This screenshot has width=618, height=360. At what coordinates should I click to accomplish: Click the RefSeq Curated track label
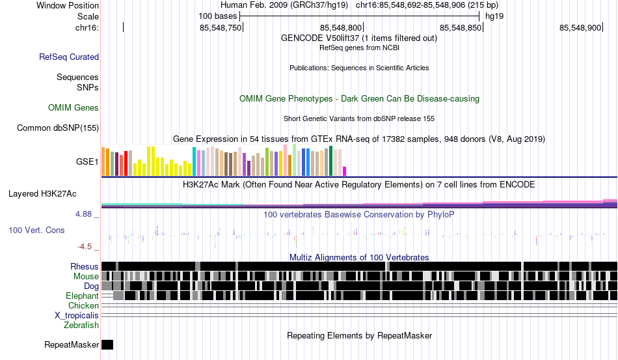pos(69,57)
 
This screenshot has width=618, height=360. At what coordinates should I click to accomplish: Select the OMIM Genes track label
pos(74,107)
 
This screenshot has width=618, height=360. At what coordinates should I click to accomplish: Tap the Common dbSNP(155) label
pos(58,128)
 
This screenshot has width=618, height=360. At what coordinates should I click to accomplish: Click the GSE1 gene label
pos(87,161)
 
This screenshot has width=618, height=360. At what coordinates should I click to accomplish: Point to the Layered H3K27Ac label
pos(42,193)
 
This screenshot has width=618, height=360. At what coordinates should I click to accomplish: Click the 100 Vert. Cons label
pos(36,230)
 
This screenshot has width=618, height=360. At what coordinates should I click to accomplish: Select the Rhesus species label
pos(85,266)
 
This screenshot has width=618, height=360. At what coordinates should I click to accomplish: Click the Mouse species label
pos(86,277)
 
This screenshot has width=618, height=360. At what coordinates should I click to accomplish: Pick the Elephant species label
pos(82,296)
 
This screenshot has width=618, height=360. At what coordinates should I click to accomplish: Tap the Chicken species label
pos(83,305)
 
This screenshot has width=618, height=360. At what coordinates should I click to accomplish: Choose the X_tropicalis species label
pos(77,316)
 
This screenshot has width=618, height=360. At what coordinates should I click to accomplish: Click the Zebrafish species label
pos(81,325)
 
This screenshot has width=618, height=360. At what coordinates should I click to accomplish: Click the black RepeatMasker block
pos(107,344)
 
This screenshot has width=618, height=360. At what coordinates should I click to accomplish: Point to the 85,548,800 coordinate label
pos(340,27)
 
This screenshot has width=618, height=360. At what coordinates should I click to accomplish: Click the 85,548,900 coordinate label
pos(580,27)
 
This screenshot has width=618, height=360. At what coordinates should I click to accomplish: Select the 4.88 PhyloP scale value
pos(83,214)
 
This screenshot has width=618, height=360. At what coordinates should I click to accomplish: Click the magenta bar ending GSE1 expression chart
pos(345,171)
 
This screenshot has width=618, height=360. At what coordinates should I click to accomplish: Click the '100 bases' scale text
pos(217,16)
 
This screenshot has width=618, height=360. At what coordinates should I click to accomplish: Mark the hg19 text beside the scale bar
pos(494,16)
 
